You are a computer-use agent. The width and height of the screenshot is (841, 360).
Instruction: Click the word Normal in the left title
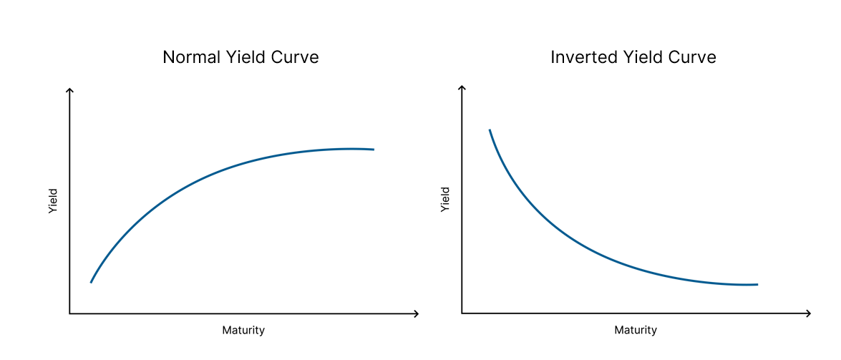point(188,57)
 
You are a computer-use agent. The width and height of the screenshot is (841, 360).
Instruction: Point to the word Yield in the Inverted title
point(641,57)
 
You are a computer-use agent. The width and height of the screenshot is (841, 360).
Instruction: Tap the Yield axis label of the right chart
point(444,198)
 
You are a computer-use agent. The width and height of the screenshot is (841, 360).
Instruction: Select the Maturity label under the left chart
point(243,330)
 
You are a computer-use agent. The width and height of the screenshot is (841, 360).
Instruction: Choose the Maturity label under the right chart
point(636,330)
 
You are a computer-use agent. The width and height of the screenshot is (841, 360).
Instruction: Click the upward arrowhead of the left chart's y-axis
point(69,90)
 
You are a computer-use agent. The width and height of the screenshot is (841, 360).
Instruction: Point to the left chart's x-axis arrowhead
point(417,313)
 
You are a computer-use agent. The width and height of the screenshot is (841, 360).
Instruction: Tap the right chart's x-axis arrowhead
point(808,313)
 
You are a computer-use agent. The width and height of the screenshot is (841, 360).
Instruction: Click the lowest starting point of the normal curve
point(91,282)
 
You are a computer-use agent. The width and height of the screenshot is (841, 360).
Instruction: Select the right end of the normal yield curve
point(374,149)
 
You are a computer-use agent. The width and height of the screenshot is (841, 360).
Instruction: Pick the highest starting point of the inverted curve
point(490,130)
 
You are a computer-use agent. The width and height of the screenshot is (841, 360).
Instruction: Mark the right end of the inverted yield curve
point(757,284)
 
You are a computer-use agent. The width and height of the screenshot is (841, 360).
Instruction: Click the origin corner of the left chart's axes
point(69,313)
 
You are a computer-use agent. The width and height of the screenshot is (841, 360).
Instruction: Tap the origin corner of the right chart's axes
point(461,313)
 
